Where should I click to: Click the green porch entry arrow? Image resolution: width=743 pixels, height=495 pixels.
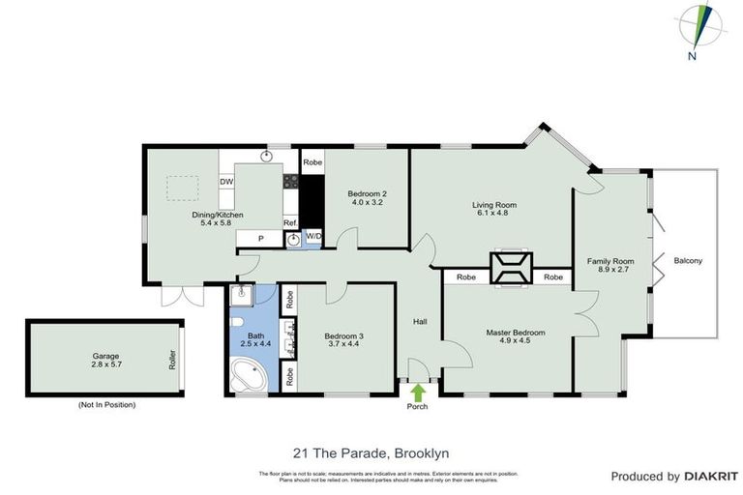[x=418, y=392]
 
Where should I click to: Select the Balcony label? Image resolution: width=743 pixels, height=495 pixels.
[x=688, y=261]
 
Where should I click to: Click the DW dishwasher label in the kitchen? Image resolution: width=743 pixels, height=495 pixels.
[x=226, y=182]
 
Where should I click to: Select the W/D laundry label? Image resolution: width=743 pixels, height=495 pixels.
[x=312, y=236]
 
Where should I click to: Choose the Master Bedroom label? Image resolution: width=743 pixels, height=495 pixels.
[x=515, y=333]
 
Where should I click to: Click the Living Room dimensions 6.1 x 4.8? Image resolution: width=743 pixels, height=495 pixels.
[x=493, y=214]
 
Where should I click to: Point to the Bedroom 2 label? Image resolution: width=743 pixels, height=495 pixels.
[x=367, y=192]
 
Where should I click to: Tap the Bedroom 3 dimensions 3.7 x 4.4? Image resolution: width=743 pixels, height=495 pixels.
[x=344, y=346]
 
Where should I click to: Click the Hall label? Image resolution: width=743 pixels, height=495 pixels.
[x=420, y=322]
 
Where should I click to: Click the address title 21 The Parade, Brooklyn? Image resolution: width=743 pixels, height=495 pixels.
[x=371, y=452]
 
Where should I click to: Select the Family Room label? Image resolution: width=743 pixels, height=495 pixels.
[x=610, y=261]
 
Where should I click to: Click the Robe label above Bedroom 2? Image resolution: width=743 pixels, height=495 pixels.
[x=312, y=163]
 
